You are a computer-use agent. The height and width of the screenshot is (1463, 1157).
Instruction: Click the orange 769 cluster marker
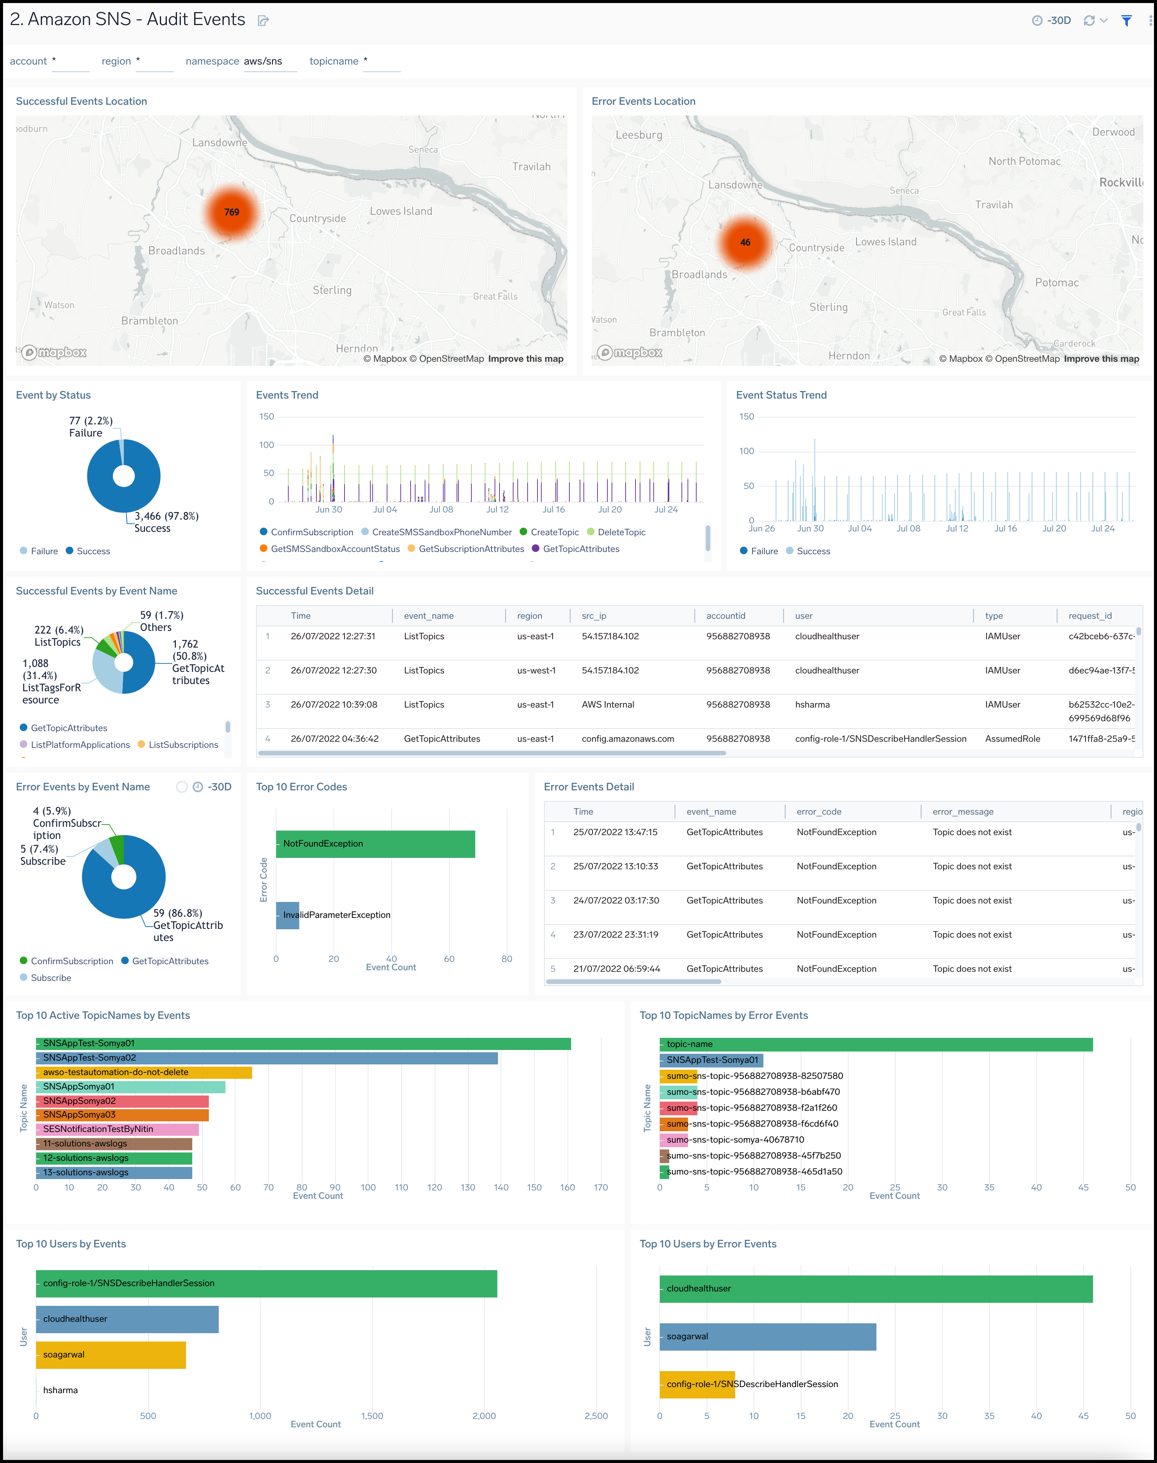point(232,212)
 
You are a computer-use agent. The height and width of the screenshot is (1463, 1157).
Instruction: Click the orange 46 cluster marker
point(745,242)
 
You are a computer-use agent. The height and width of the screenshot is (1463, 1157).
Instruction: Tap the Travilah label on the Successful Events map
point(531,167)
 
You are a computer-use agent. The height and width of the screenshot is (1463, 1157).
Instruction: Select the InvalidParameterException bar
point(288,914)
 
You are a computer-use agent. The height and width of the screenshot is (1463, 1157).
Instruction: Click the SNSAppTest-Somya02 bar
point(267,1058)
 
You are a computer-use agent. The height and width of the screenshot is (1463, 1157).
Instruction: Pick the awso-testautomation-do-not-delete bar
point(144,1072)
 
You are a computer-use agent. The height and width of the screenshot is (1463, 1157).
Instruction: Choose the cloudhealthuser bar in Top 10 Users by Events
point(127,1319)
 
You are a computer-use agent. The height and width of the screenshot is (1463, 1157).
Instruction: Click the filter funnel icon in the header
point(1126,20)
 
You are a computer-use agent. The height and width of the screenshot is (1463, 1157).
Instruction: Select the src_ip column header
point(594,615)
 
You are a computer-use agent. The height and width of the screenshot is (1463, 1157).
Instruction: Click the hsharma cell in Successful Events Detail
point(812,704)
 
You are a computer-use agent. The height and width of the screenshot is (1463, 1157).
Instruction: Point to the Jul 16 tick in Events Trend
point(553,509)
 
